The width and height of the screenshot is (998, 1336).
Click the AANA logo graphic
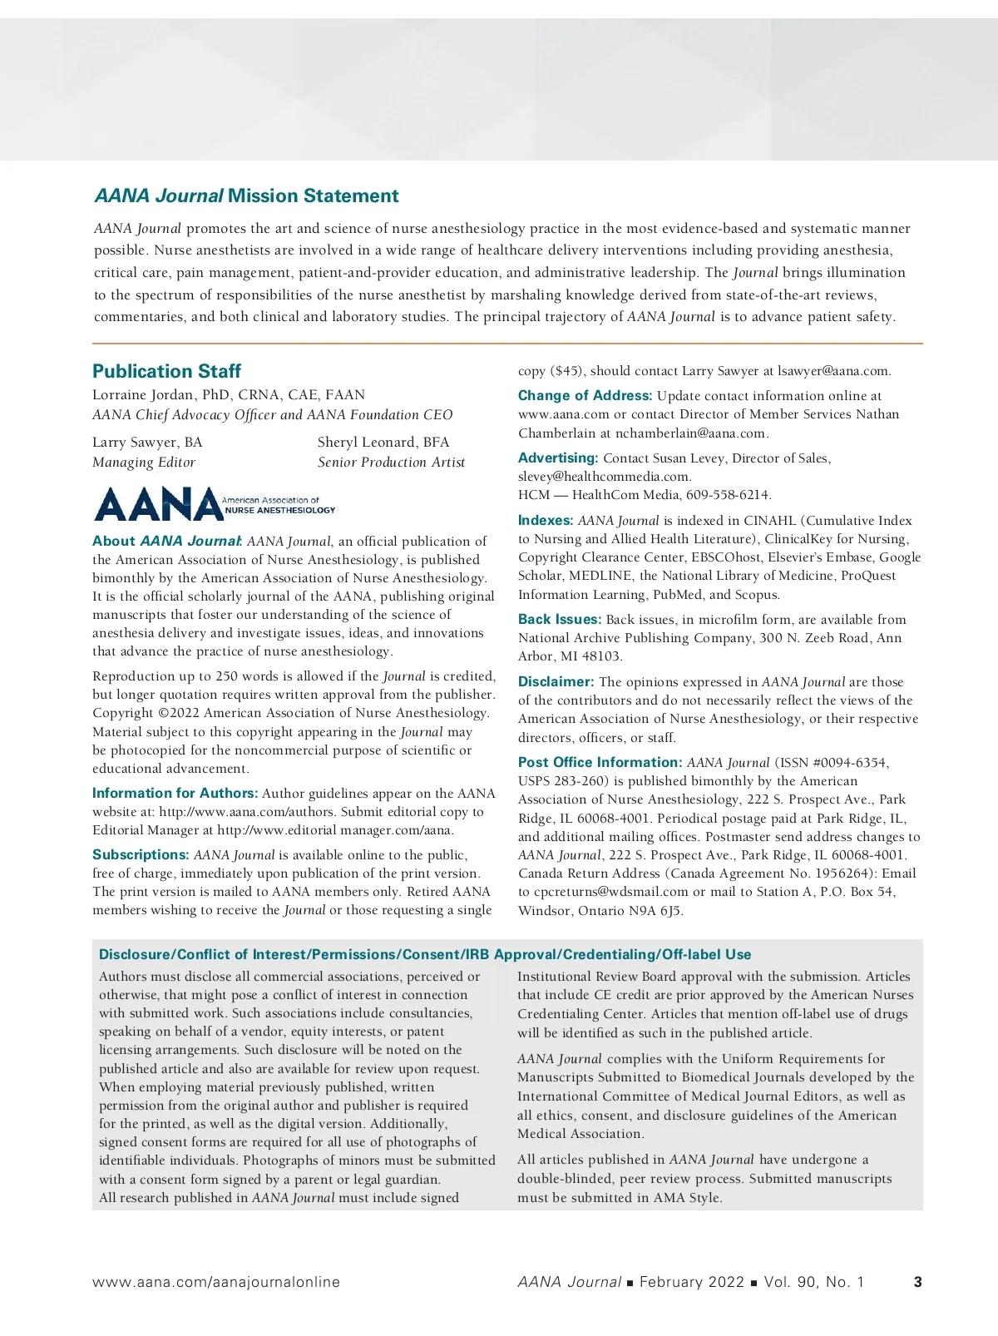click(214, 504)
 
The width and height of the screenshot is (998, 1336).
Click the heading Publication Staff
click(166, 371)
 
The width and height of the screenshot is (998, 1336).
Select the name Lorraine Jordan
click(142, 395)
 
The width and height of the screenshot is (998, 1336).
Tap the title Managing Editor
click(144, 463)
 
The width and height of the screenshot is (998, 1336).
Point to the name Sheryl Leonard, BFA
click(383, 443)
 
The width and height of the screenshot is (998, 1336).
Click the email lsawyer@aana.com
click(828, 371)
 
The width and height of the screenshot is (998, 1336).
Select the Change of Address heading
click(585, 396)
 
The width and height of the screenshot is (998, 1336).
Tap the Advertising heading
click(558, 458)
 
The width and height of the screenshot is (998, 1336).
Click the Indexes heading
click(546, 521)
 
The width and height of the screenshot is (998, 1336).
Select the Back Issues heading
click(559, 620)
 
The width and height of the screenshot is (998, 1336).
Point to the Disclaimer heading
click(556, 682)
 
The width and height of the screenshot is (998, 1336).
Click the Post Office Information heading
click(600, 763)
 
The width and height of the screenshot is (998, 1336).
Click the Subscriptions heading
click(141, 855)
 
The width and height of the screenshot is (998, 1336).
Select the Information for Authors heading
click(175, 794)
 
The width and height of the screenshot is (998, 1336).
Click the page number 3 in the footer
click(917, 1282)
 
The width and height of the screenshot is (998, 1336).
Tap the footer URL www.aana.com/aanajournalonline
click(216, 1282)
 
